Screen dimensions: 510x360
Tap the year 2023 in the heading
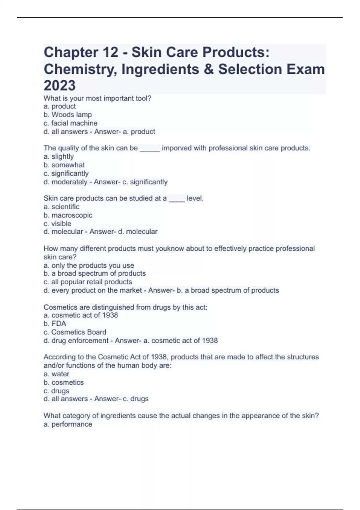pos(60,85)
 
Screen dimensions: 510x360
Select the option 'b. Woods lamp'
pos(67,115)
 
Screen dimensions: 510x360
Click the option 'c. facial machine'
pos(70,123)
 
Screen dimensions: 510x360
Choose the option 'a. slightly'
pos(58,157)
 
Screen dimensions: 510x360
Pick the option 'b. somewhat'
pos(64,165)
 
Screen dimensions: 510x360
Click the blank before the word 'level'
pos(177,199)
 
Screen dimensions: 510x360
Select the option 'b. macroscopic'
pos(68,215)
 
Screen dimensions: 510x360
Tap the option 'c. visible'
pos(57,223)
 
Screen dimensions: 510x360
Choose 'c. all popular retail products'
pos(88,282)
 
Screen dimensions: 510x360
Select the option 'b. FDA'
pos(55,324)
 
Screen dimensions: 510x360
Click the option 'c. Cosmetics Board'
pos(75,332)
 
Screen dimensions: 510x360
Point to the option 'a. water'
pos(56,374)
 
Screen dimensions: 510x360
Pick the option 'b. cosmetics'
pos(64,382)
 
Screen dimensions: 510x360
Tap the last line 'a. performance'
pos(68,424)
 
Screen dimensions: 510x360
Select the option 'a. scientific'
pos(61,207)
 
